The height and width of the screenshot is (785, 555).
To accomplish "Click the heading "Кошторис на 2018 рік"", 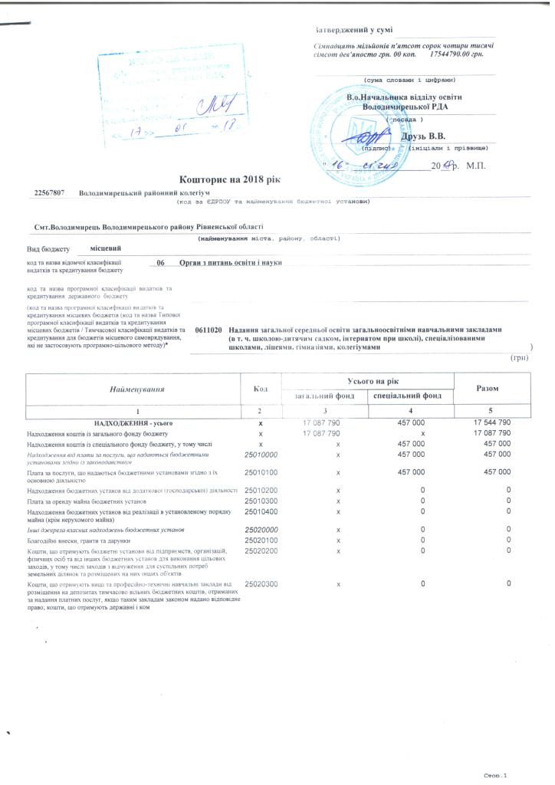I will [231, 179].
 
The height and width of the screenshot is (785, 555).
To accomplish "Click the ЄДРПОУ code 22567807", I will [49, 193].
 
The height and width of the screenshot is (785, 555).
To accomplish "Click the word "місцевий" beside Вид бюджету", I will [105, 248].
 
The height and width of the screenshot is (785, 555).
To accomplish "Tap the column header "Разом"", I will [488, 389].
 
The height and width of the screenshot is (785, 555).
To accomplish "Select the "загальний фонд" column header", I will [318, 396].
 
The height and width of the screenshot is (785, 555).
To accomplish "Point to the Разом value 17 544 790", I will [488, 422].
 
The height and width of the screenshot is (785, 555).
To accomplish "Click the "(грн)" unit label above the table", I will [519, 358].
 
